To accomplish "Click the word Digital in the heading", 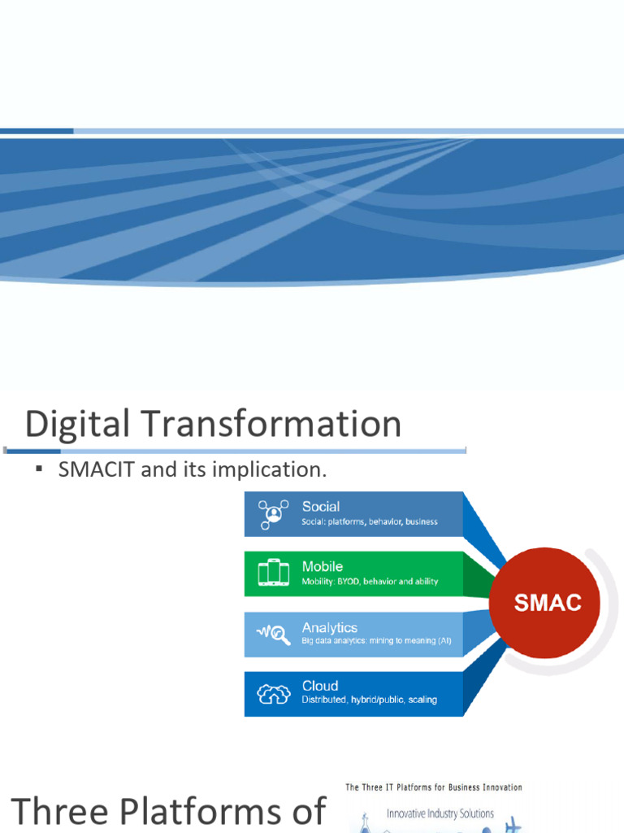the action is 77,424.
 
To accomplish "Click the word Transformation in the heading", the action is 271,423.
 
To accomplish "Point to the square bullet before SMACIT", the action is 39,469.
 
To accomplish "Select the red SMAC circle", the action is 544,603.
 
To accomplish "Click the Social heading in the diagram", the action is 321,506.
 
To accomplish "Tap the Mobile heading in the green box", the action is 323,566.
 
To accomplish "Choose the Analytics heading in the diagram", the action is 330,627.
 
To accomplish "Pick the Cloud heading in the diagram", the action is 320,686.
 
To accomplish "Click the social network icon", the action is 273,514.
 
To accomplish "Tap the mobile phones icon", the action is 273,573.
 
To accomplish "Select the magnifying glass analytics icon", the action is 274,634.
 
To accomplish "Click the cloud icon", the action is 274,693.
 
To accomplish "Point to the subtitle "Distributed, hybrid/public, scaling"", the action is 370,700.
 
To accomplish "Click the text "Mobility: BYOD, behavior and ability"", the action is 370,582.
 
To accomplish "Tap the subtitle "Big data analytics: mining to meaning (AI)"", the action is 377,641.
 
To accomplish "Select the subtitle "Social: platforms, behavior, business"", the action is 370,521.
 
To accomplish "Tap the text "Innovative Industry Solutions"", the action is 440,813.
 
